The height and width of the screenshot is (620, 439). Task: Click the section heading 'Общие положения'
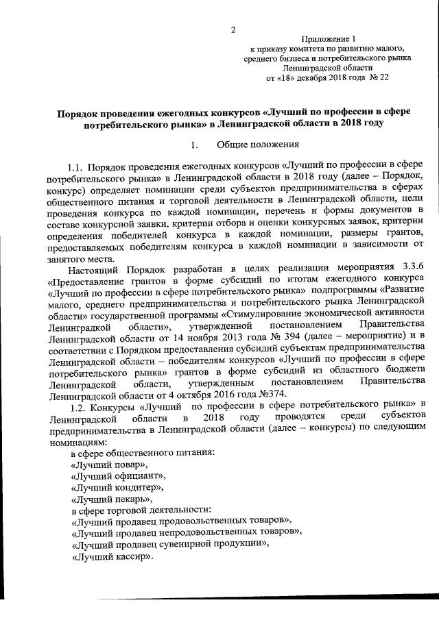tap(257, 144)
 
